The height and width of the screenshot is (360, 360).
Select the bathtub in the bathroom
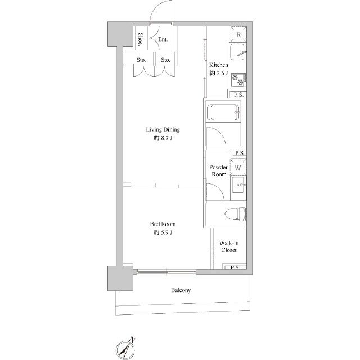coord(223,112)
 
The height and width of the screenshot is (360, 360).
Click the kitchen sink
coord(237,52)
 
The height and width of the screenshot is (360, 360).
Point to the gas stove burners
coord(238,80)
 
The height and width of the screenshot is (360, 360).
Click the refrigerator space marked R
coord(238,35)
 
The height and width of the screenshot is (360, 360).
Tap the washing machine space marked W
coord(238,167)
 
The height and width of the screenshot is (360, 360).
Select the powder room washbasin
coord(238,184)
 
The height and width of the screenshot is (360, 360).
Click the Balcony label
coord(181,290)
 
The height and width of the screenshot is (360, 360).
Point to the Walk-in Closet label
coord(229,246)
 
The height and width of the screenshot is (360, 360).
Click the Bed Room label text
coord(163,224)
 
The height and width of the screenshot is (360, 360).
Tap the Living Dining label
coord(163,129)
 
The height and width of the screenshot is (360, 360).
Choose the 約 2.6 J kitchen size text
coord(218,73)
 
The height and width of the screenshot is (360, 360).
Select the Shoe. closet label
coord(141,39)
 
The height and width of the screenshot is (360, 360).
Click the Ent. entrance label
coord(163,39)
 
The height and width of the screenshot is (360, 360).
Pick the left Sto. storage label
coord(141,60)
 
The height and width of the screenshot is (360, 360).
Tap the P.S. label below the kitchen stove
coord(238,94)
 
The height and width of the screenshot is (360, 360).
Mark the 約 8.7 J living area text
coord(163,138)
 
